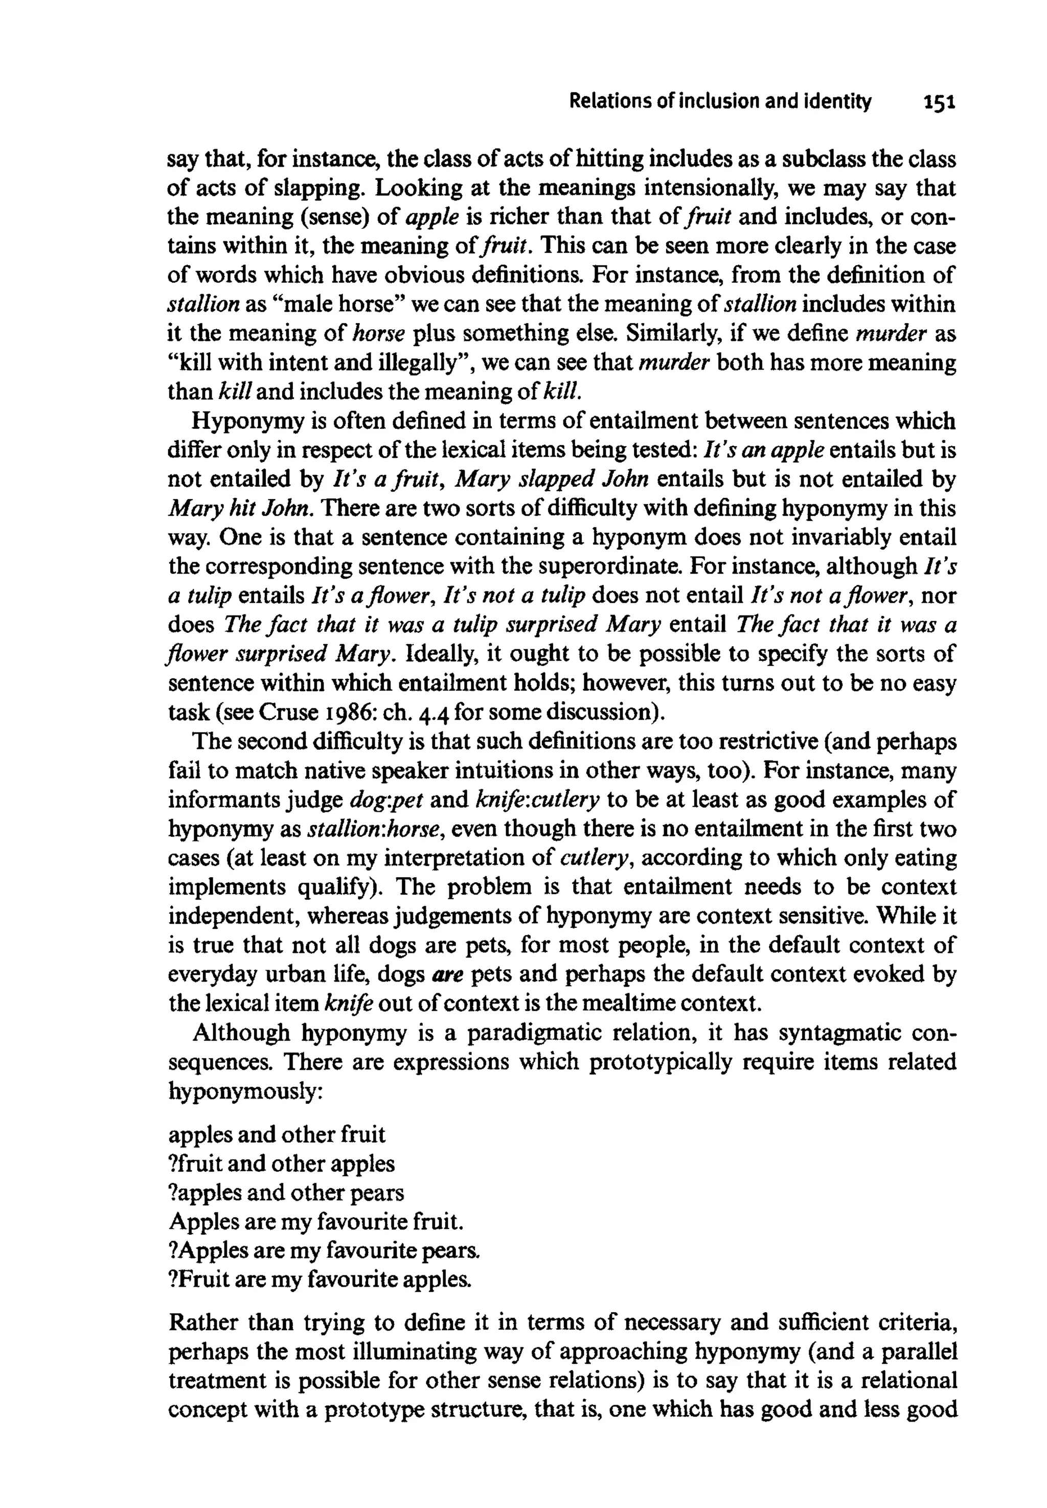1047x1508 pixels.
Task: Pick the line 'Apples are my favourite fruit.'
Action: [x=317, y=1221]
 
